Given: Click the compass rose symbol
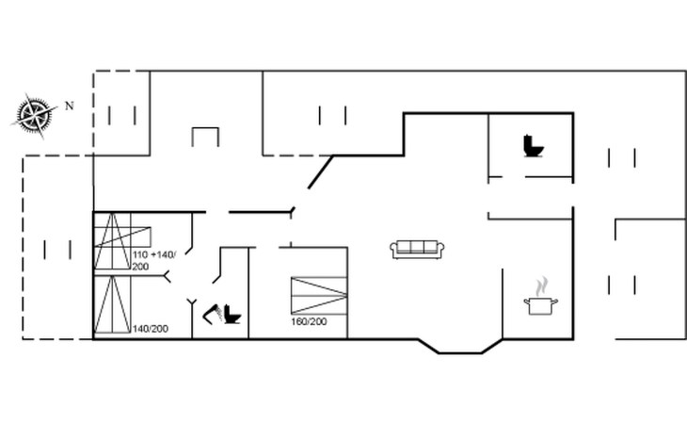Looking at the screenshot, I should coord(34,114).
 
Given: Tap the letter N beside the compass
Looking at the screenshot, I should coord(69,106).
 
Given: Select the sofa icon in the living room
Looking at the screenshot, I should coord(417,249).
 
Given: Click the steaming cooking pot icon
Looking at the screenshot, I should coord(540,304).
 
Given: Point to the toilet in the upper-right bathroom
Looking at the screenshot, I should coord(534,147).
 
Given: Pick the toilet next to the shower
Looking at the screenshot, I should coord(232,314).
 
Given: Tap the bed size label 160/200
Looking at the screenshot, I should coord(309,322).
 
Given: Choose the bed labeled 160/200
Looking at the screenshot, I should coord(319,295).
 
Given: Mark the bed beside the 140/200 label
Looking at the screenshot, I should coord(111,304).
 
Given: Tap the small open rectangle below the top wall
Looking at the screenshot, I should coord(205,137).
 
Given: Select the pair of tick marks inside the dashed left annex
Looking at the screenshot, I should coord(57,250).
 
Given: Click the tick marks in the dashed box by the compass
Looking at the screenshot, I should coord(122,115).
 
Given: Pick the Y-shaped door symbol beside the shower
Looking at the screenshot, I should coord(194,305).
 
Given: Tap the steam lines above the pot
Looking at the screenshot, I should coord(541,285).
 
